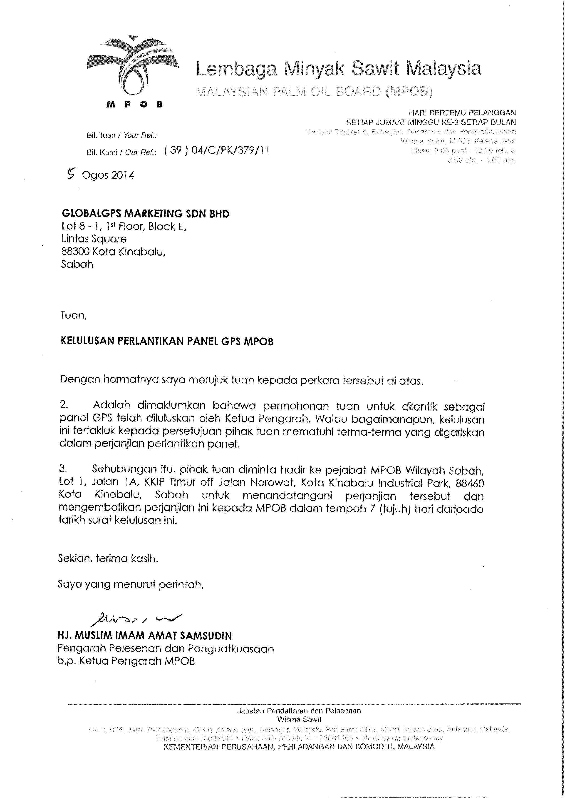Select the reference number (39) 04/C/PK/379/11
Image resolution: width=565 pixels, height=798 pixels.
pos(216,151)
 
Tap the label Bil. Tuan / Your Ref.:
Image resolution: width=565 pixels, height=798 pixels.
pos(121,135)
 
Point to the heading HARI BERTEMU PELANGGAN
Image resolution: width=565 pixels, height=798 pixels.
pos(462,112)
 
